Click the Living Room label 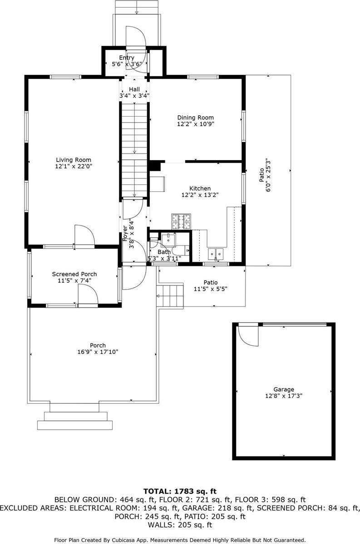pos(74,160)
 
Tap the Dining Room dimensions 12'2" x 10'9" pos(196,124)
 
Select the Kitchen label pos(200,188)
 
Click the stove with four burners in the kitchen pos(181,221)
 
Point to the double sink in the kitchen pos(216,255)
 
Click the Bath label pos(164,252)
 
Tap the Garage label pos(284,389)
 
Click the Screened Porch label pos(74,274)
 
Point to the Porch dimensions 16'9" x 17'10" pos(98,352)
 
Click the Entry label pos(127,58)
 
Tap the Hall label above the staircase pos(134,89)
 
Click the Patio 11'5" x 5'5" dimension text pos(210,289)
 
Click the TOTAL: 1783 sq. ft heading pos(180,491)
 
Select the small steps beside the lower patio pos(170,295)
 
